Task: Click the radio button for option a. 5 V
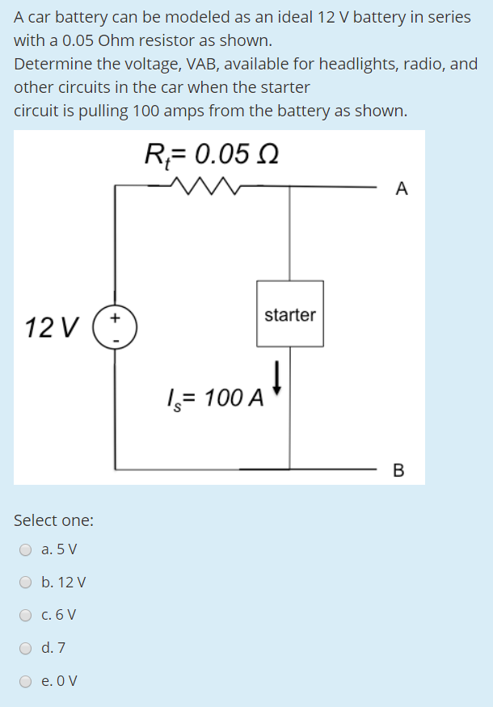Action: click(26, 550)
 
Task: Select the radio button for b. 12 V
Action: click(26, 583)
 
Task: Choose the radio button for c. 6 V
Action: click(26, 615)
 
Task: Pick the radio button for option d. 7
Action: click(26, 648)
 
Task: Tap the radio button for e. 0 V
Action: click(26, 680)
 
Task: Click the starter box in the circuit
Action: click(290, 314)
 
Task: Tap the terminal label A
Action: click(402, 189)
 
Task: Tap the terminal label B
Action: click(398, 469)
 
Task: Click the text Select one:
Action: click(53, 520)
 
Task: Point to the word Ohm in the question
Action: click(113, 40)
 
